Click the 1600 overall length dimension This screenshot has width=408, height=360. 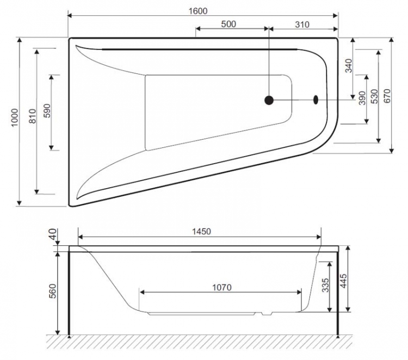(198, 11)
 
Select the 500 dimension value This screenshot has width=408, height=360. (228, 24)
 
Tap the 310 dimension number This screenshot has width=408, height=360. (302, 24)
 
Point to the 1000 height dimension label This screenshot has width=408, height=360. (15, 117)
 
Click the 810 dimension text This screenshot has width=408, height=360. (32, 116)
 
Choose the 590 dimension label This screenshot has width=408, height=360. (47, 110)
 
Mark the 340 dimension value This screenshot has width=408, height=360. (348, 66)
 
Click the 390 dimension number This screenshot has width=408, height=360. (362, 98)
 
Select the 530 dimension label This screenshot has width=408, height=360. (374, 96)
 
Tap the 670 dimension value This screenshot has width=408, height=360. (387, 96)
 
